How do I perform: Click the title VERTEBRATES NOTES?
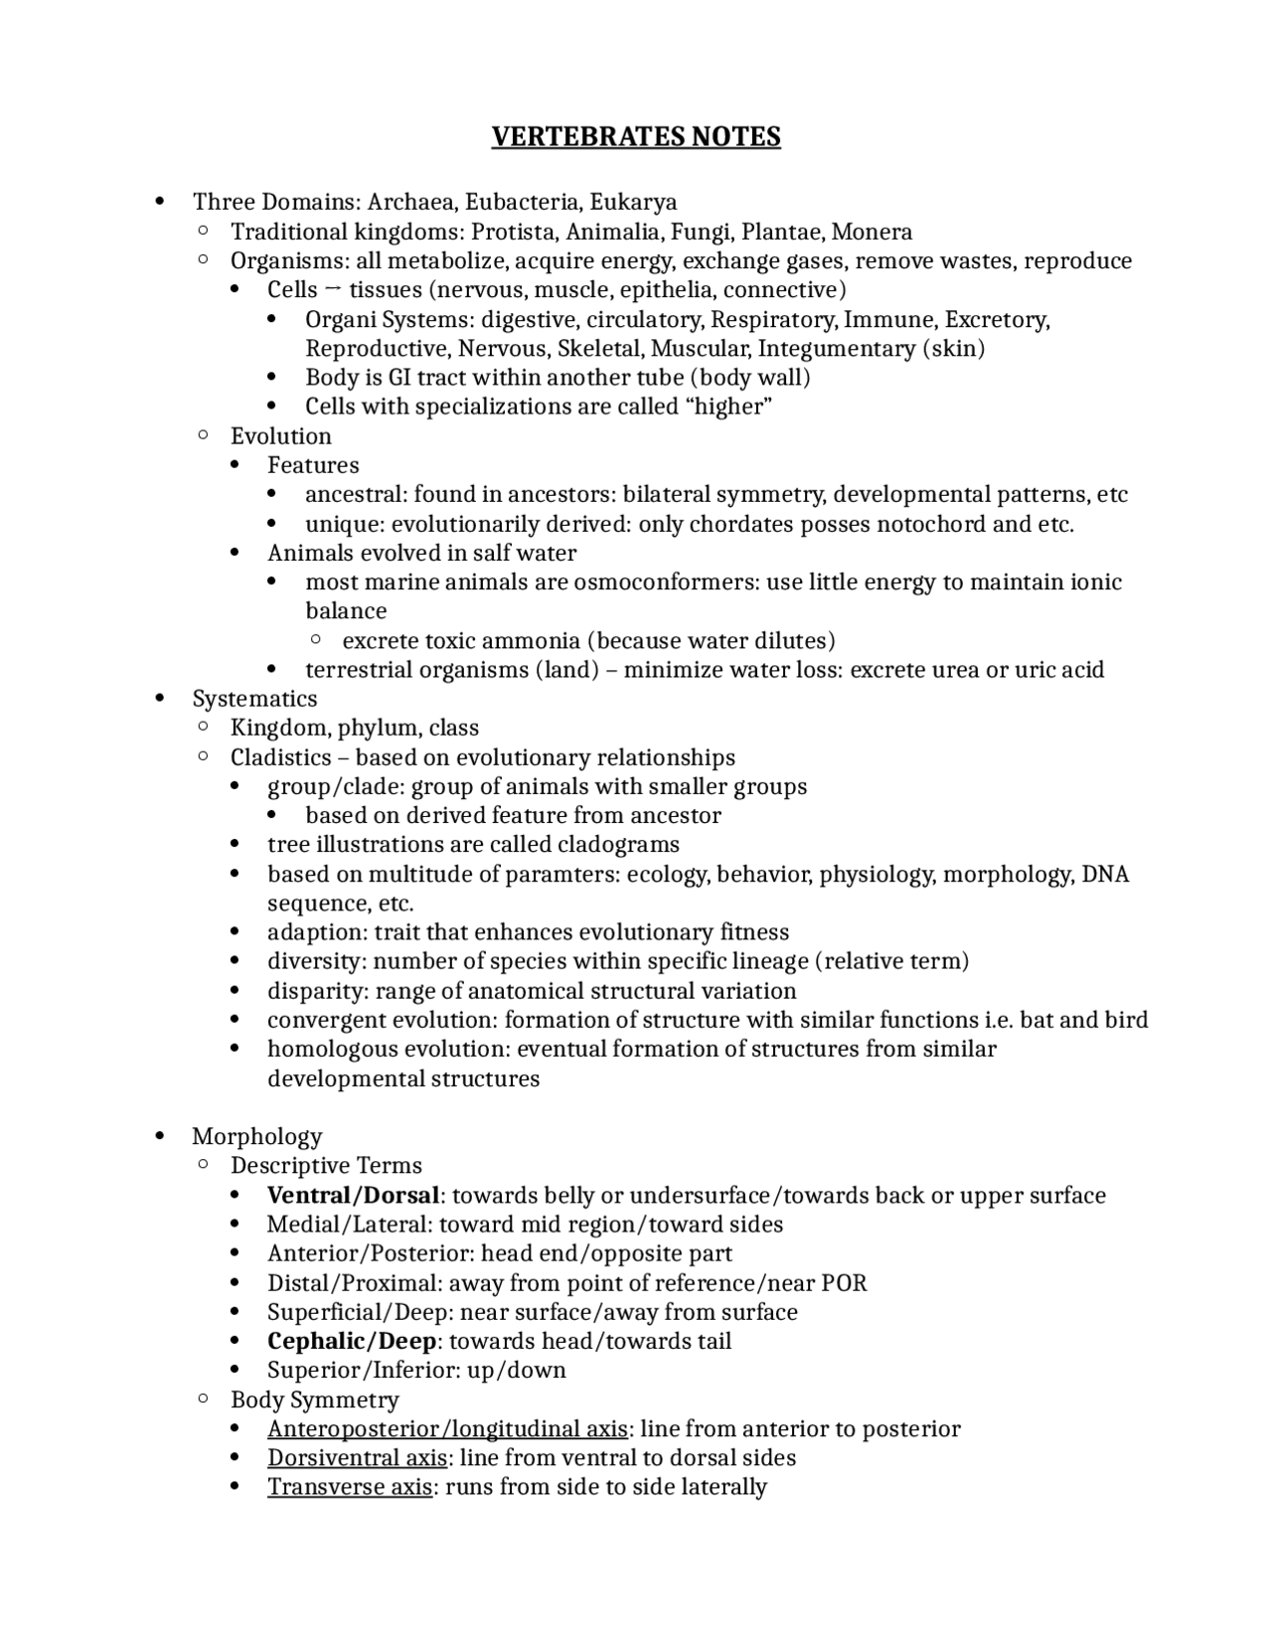coord(636,136)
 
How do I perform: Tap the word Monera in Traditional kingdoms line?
coord(872,232)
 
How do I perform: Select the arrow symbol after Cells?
coord(333,289)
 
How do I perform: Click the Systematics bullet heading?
coord(254,699)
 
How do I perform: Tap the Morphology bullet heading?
coord(256,1136)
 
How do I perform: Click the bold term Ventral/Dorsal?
coord(353,1195)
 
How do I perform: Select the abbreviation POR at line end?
coord(844,1282)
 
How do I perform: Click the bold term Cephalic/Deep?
coord(352,1341)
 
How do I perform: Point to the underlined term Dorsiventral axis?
coord(357,1458)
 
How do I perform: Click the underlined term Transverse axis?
coord(349,1487)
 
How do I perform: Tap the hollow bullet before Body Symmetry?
coord(202,1399)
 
